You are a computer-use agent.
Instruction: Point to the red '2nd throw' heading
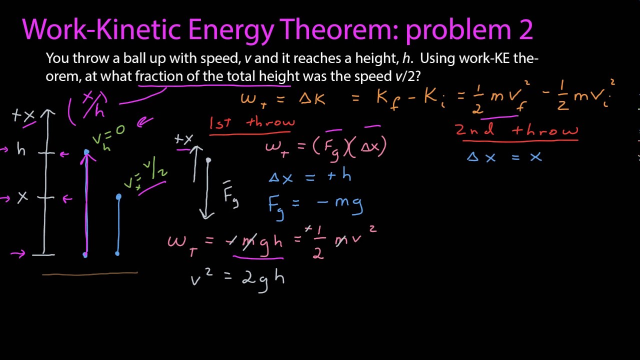516,130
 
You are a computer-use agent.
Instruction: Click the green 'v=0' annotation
108,133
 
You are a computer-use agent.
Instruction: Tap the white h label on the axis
21,149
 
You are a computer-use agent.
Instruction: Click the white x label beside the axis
22,197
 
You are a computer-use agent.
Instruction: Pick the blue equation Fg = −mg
315,204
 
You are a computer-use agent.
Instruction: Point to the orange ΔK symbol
312,98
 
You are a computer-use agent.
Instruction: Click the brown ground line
90,273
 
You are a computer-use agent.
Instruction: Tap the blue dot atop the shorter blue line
118,197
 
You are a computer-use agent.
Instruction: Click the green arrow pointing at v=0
145,121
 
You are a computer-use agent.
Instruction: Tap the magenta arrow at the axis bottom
17,254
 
